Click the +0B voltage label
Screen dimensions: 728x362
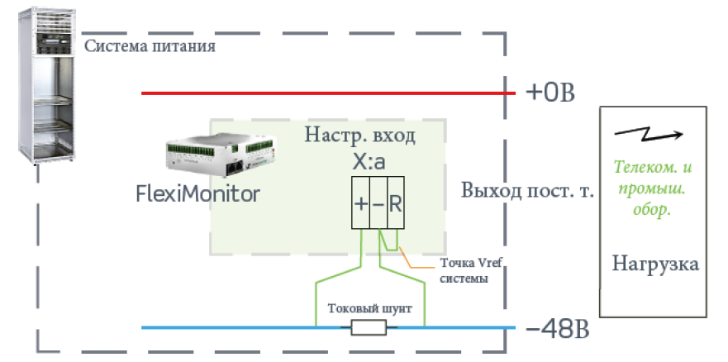pyautogui.click(x=550, y=93)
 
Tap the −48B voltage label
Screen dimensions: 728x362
pyautogui.click(x=558, y=331)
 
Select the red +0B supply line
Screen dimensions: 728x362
pyautogui.click(x=328, y=93)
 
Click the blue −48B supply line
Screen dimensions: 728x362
pyautogui.click(x=328, y=327)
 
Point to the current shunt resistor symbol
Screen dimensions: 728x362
pyautogui.click(x=369, y=328)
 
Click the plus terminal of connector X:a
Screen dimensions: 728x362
pyautogui.click(x=361, y=202)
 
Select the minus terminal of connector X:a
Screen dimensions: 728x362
pyautogui.click(x=378, y=202)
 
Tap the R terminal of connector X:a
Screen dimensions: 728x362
pyautogui.click(x=396, y=202)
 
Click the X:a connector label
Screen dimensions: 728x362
pyautogui.click(x=369, y=163)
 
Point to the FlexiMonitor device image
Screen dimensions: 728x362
pyautogui.click(x=222, y=156)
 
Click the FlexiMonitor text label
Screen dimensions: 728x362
pyautogui.click(x=197, y=194)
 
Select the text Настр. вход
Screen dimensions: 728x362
pyautogui.click(x=359, y=136)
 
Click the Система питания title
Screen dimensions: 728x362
pyautogui.click(x=150, y=46)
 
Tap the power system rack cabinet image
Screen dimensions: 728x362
pyautogui.click(x=46, y=86)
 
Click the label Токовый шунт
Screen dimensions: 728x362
pyautogui.click(x=369, y=309)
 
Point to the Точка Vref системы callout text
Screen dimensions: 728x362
pyautogui.click(x=470, y=271)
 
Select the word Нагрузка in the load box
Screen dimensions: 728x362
pyautogui.click(x=655, y=264)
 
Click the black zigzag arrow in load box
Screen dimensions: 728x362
pyautogui.click(x=649, y=135)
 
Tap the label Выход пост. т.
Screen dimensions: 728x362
pyautogui.click(x=527, y=191)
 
